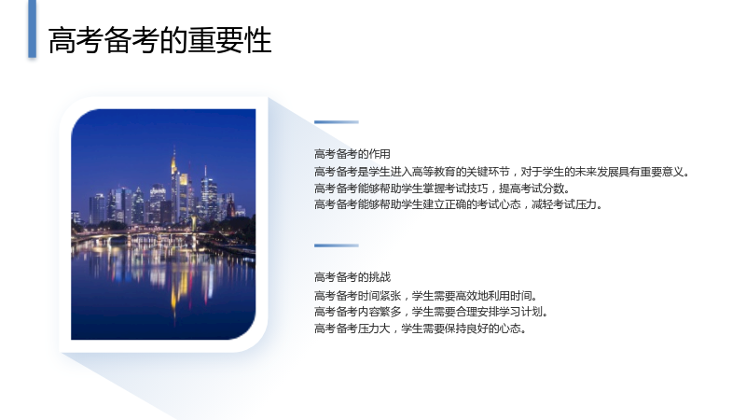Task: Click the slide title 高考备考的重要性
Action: point(159,40)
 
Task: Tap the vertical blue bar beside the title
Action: point(33,29)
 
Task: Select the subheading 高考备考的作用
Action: point(352,154)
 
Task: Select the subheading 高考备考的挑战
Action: point(352,277)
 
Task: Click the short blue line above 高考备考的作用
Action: point(337,122)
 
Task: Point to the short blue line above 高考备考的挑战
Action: point(337,245)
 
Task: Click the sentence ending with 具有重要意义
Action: point(502,172)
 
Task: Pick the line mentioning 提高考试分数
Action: point(441,189)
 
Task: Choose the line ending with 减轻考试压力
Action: point(458,204)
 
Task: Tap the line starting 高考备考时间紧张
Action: point(425,296)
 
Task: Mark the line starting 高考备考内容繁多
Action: point(431,312)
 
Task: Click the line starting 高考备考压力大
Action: point(421,329)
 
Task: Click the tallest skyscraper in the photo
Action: point(174,186)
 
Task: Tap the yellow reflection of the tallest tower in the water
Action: point(174,286)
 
